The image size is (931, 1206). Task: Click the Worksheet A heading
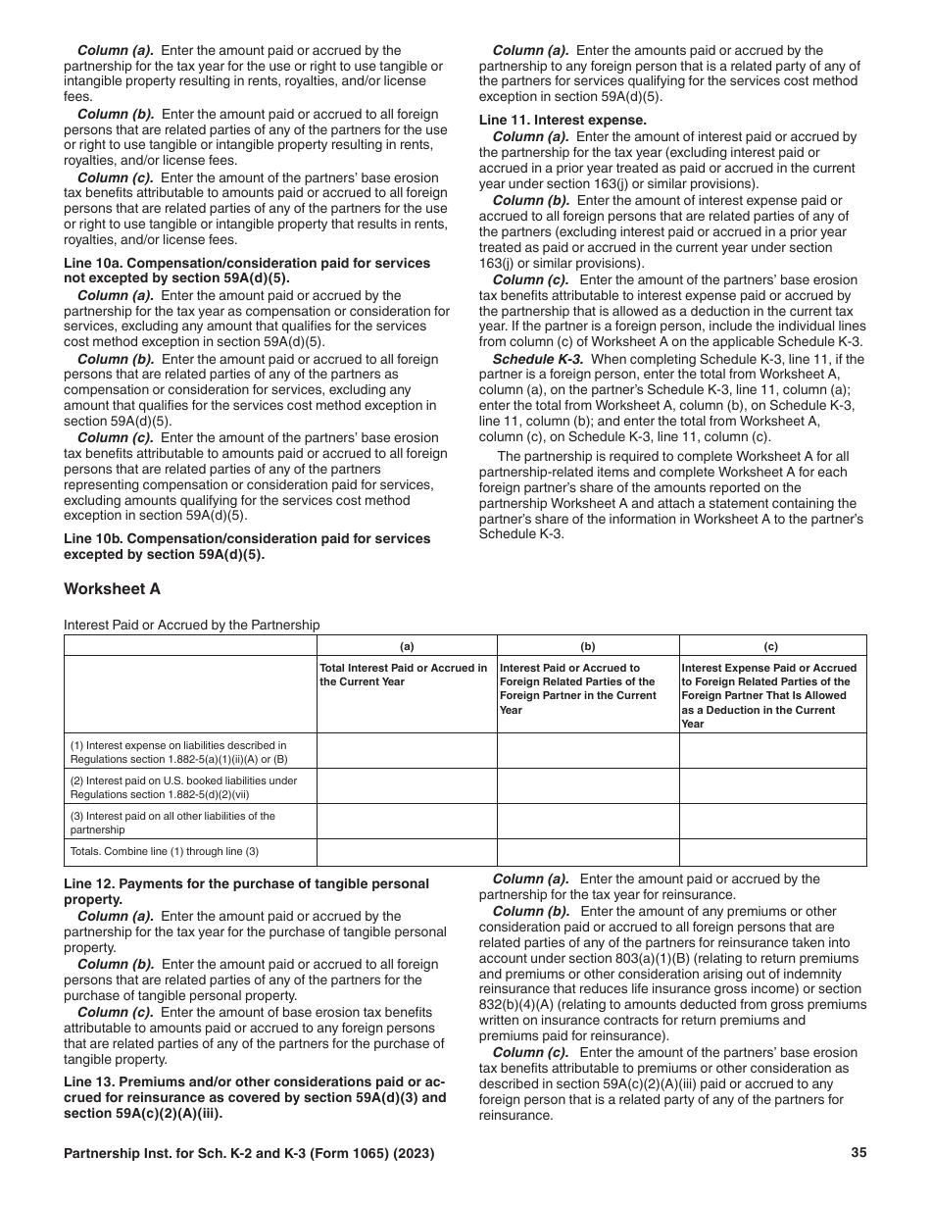point(112,589)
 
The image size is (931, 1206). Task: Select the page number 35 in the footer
point(858,1153)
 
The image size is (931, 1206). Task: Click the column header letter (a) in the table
point(407,646)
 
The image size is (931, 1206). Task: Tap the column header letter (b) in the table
point(588,646)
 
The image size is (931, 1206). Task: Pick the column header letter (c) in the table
point(772,646)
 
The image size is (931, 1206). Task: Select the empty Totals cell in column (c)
point(772,852)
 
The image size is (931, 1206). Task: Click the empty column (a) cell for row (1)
point(407,751)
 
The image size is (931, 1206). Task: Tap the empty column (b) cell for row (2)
point(588,786)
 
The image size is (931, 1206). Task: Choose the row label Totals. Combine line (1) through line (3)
point(165,852)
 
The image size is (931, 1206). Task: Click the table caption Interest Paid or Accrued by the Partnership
point(192,625)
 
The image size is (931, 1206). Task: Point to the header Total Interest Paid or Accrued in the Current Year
point(404,675)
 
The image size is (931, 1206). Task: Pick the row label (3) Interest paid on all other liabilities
point(171,822)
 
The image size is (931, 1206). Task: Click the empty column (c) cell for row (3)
point(772,822)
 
